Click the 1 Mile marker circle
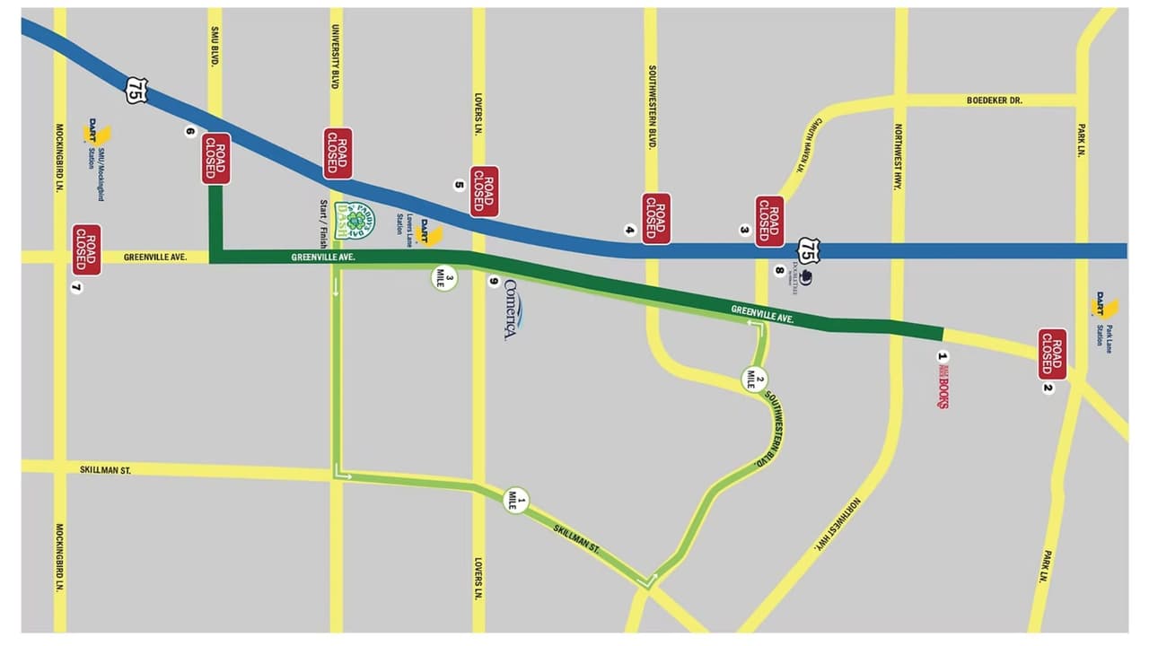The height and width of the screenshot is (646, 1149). (516, 500)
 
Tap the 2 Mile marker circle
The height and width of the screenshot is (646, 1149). (755, 379)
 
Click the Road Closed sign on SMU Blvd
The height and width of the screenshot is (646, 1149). (216, 159)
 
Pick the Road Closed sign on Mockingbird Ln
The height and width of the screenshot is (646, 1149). (87, 249)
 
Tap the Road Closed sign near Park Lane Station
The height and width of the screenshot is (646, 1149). (1052, 354)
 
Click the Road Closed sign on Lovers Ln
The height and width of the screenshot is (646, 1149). (485, 191)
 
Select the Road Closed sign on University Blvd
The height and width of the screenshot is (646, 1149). (338, 153)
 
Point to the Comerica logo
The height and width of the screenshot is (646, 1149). (512, 310)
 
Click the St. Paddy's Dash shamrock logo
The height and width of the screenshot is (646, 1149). (354, 220)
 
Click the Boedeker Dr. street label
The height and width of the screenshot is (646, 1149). (994, 100)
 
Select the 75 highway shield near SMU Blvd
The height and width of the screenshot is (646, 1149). (136, 90)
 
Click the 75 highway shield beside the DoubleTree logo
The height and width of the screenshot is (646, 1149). (809, 250)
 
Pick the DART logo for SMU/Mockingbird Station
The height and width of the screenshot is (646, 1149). (96, 134)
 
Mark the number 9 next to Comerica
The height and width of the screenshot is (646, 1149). (493, 282)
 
